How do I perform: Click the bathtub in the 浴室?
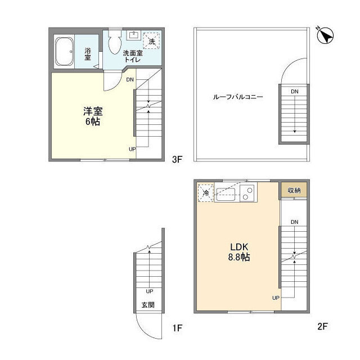tap(64, 51)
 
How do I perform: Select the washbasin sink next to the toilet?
tap(133, 35)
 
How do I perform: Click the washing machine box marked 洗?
tap(151, 41)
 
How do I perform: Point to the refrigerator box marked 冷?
tap(206, 193)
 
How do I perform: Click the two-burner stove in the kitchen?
tap(247, 193)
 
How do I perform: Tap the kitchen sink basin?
tap(226, 195)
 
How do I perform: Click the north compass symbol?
tap(326, 35)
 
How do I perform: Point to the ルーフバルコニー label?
tap(238, 97)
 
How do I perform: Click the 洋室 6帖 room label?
tap(93, 116)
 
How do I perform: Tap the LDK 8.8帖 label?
tap(239, 252)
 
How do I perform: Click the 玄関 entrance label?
tap(148, 305)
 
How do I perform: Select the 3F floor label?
tap(177, 159)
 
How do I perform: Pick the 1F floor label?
tap(177, 328)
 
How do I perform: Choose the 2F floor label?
tap(322, 326)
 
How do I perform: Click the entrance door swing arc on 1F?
tap(142, 331)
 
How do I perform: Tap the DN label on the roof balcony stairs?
tap(295, 92)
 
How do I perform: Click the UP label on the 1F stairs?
tap(150, 291)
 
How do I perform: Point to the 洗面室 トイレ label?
tap(133, 56)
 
